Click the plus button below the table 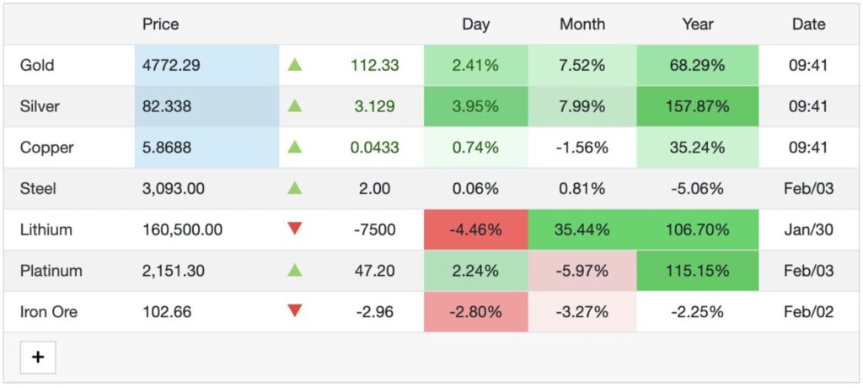(38, 357)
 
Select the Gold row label (37, 65)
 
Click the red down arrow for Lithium (294, 229)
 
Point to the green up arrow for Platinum (294, 270)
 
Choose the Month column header (582, 24)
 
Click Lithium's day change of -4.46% (475, 229)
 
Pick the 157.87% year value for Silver (697, 106)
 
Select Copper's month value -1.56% (582, 148)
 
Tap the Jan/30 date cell (808, 229)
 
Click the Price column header (160, 24)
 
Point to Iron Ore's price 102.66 (167, 312)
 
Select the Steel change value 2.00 (374, 189)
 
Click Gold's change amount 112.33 (374, 65)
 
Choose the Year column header (697, 24)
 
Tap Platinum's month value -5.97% (582, 271)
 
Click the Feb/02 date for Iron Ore (808, 312)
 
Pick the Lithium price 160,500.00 (182, 229)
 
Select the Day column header (475, 24)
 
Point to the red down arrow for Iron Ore (294, 310)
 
